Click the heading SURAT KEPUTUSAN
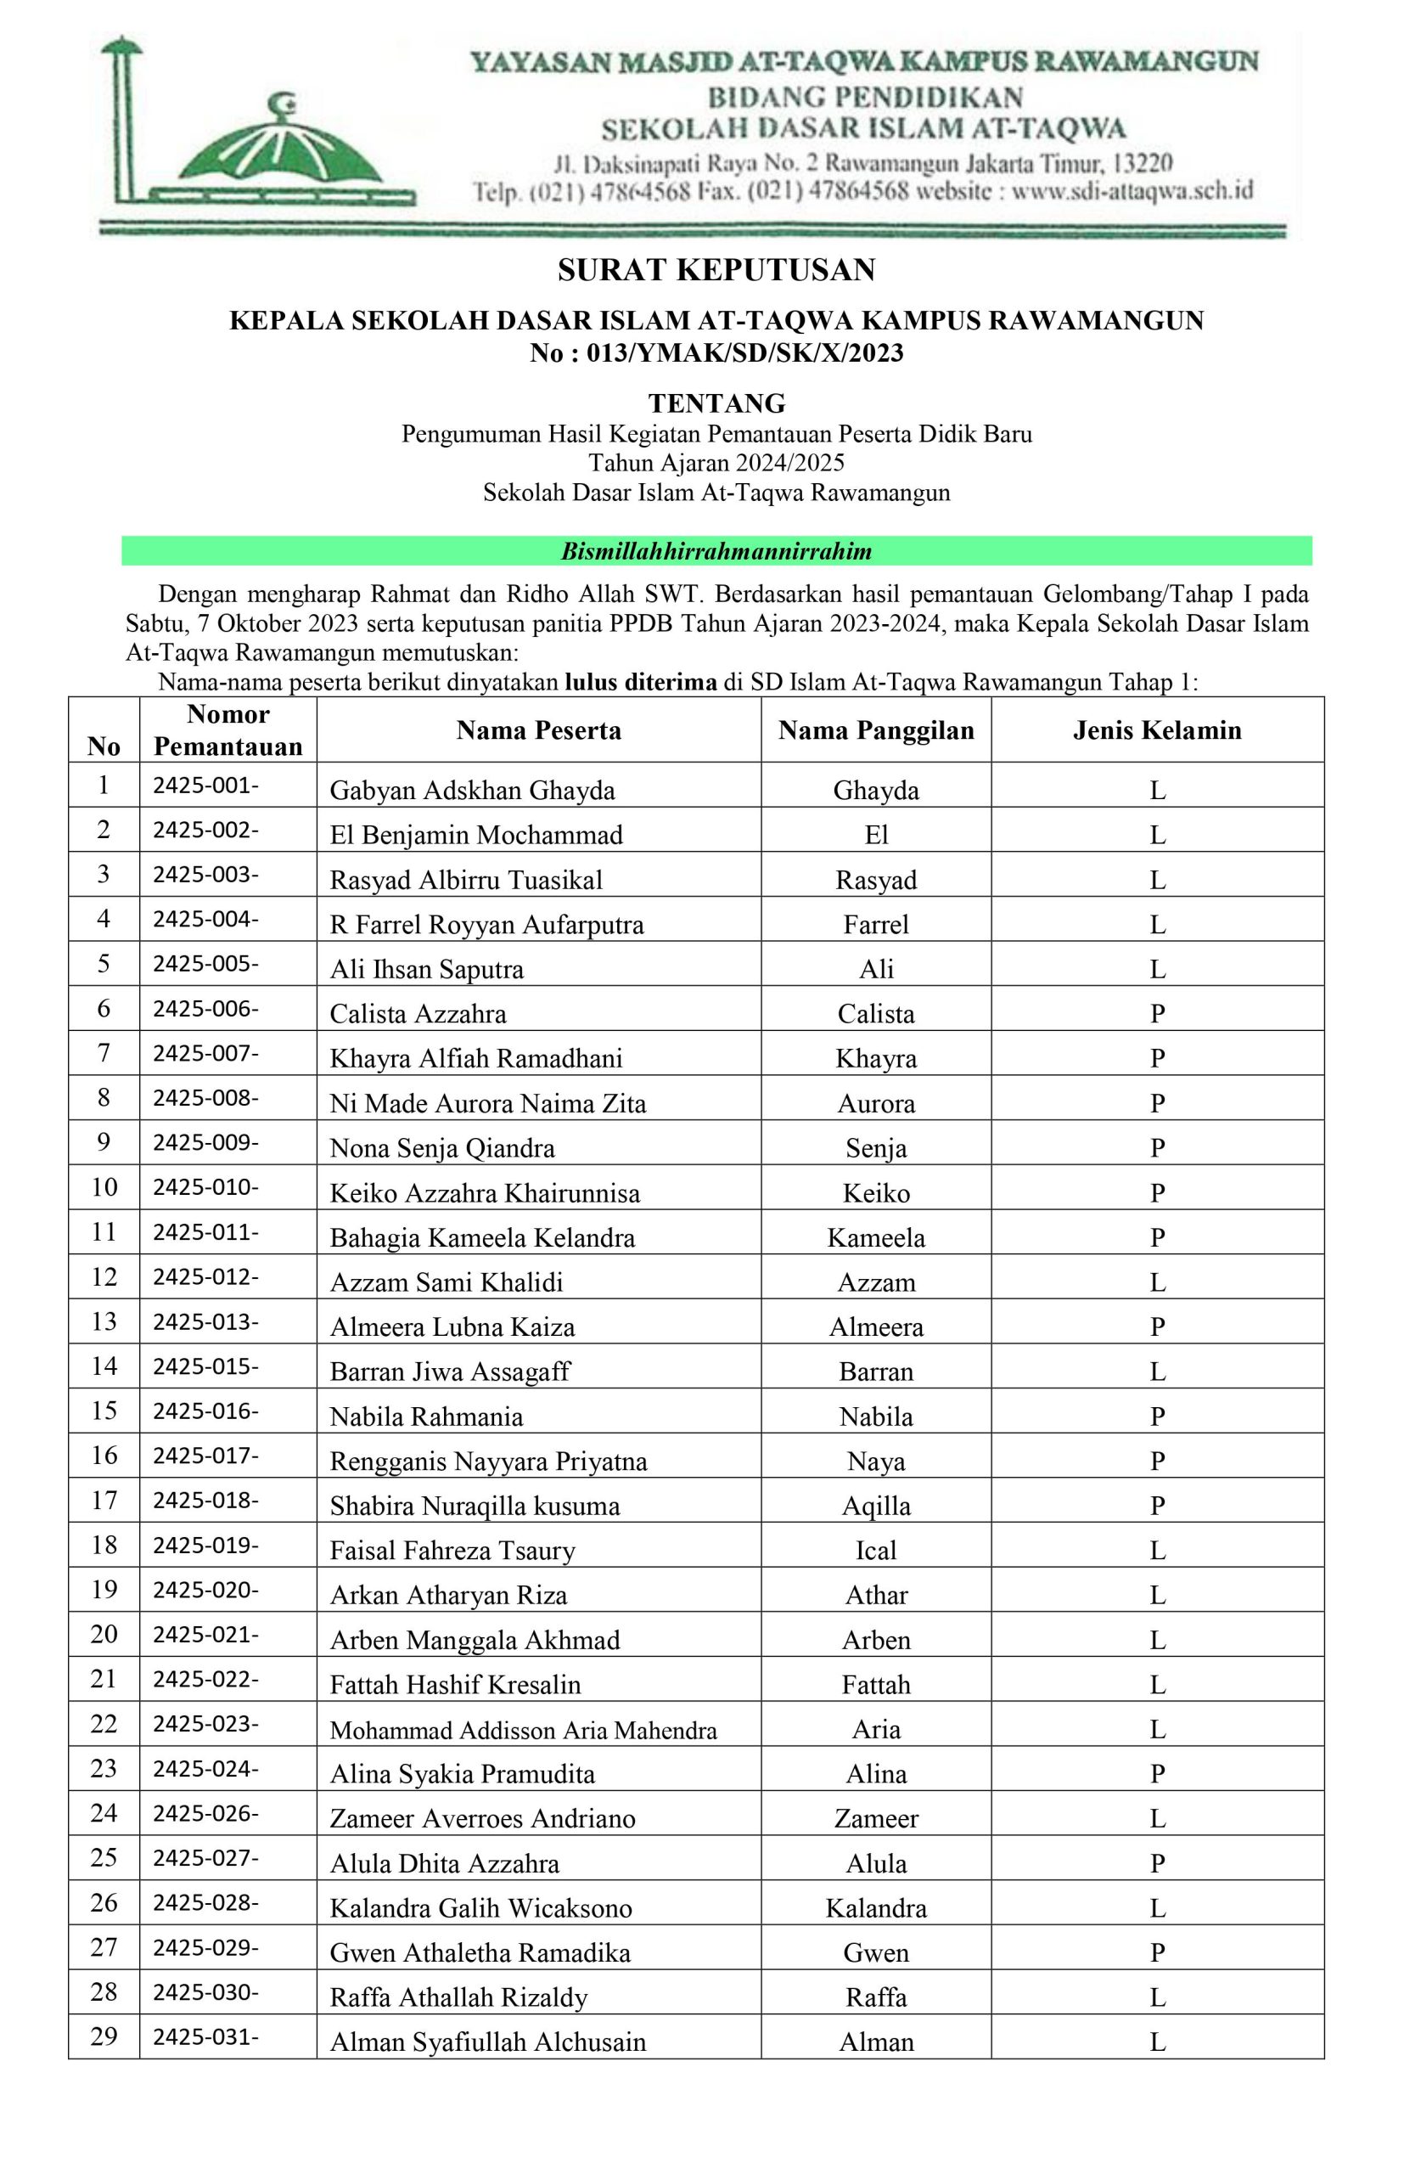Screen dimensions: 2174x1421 click(x=716, y=269)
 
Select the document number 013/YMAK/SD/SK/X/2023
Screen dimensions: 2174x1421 click(x=744, y=352)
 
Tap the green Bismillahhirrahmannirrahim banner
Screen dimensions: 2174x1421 click(x=716, y=551)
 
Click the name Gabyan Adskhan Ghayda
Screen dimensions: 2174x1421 click(x=472, y=790)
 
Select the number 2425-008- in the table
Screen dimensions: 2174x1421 click(x=205, y=1097)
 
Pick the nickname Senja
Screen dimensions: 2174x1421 click(x=875, y=1148)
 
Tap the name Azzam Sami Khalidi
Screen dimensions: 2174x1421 click(x=446, y=1282)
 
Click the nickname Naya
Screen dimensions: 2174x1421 click(x=875, y=1462)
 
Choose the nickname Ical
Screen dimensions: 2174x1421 click(x=875, y=1551)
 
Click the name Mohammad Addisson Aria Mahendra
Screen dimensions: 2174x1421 click(x=522, y=1730)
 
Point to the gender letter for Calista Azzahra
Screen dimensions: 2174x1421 click(x=1156, y=1014)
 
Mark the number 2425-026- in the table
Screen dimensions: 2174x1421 click(x=205, y=1813)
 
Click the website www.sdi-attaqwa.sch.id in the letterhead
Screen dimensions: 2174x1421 click(x=1132, y=191)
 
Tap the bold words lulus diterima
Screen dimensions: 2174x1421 click(x=640, y=682)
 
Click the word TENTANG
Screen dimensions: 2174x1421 click(x=716, y=403)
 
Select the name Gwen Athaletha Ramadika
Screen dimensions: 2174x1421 click(x=480, y=1953)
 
